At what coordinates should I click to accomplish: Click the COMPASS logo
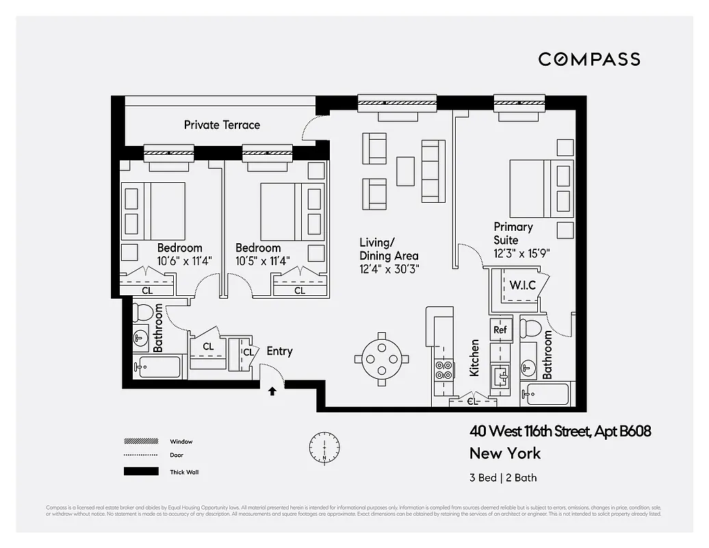589,59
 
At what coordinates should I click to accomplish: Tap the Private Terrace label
222,125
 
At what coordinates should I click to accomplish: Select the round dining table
382,358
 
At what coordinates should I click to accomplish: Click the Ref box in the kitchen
499,329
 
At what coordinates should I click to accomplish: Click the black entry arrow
272,391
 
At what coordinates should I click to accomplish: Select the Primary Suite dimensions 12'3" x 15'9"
521,253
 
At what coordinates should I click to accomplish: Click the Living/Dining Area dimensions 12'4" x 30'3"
389,269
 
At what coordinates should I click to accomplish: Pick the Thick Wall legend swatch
140,472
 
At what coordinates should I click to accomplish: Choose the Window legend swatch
140,442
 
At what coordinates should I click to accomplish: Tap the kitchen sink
500,375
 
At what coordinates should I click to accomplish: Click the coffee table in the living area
405,171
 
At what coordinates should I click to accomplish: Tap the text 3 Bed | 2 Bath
503,478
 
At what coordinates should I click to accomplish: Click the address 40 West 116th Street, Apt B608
559,432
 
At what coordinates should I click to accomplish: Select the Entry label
279,351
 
